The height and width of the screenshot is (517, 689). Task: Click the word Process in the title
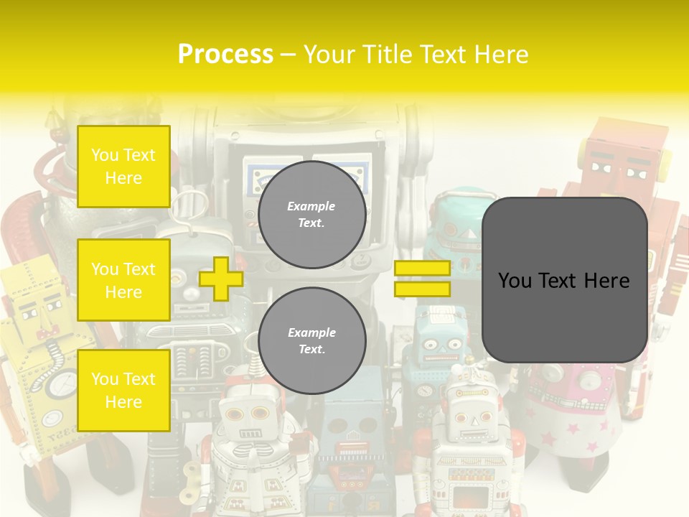tap(225, 55)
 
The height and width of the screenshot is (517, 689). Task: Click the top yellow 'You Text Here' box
tap(123, 167)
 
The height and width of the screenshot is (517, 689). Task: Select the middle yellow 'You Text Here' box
tap(123, 280)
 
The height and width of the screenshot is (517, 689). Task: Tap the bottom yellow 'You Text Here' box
tap(123, 390)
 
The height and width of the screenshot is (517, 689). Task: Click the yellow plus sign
tap(221, 279)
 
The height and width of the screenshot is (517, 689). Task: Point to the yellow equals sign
tap(422, 279)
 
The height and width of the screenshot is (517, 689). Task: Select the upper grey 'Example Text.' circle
tap(311, 214)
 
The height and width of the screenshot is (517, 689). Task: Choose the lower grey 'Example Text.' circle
tap(311, 340)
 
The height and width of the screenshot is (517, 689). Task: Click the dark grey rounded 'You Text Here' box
tap(564, 280)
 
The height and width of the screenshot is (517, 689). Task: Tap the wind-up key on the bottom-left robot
tap(191, 481)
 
